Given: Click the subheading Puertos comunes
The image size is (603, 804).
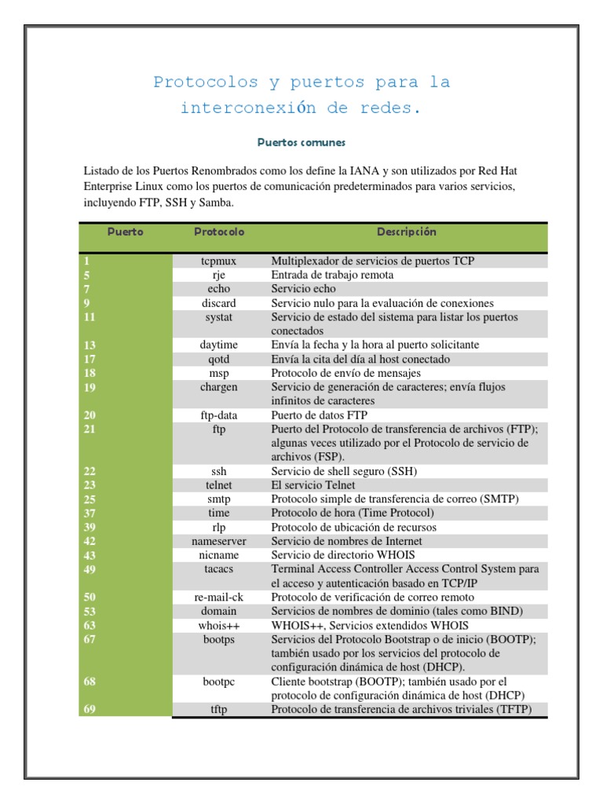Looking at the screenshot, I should [x=301, y=143].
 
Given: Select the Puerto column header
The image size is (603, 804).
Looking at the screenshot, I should [x=126, y=232].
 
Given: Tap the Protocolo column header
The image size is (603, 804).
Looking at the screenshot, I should [x=219, y=232].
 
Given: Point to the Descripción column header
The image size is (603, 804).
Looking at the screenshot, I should [x=406, y=232].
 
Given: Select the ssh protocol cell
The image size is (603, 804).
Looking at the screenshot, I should [x=219, y=471].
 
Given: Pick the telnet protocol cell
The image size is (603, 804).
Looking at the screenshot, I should [x=219, y=485].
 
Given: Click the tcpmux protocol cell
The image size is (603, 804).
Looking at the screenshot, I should [x=219, y=261].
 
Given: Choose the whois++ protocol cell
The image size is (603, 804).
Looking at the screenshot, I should [x=219, y=625].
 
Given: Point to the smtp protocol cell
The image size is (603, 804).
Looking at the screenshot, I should [x=219, y=499].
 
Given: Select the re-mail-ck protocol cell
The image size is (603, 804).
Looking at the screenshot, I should [x=219, y=597].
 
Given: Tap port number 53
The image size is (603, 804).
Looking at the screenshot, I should [x=90, y=611].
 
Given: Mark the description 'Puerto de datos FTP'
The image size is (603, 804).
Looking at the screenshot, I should [x=320, y=415].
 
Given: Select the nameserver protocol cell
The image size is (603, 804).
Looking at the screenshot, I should [x=219, y=541].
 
